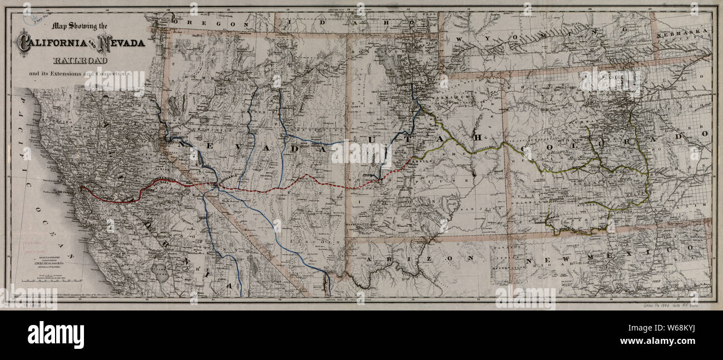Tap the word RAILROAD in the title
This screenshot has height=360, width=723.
click(81, 60)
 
